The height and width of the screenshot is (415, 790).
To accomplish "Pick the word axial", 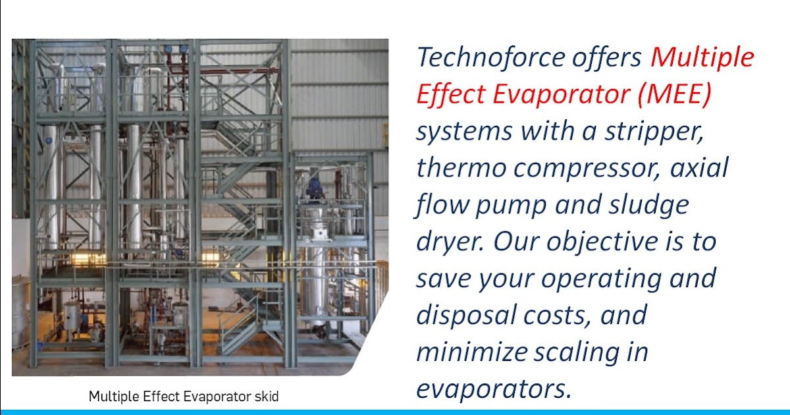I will (699, 168).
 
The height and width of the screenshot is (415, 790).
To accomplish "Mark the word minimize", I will (469, 352).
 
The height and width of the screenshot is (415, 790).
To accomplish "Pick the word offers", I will (604, 57).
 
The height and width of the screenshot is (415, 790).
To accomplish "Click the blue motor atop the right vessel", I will (315, 187).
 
